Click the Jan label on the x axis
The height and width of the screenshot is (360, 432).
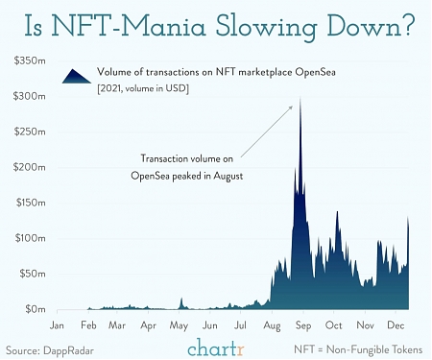(56, 325)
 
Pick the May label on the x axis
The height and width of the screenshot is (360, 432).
(179, 325)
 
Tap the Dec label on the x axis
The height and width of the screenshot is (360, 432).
(394, 325)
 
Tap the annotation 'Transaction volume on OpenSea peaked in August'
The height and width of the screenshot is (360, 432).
(187, 168)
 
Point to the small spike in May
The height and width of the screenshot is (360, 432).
(180, 301)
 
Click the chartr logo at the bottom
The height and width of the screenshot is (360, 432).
(216, 346)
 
